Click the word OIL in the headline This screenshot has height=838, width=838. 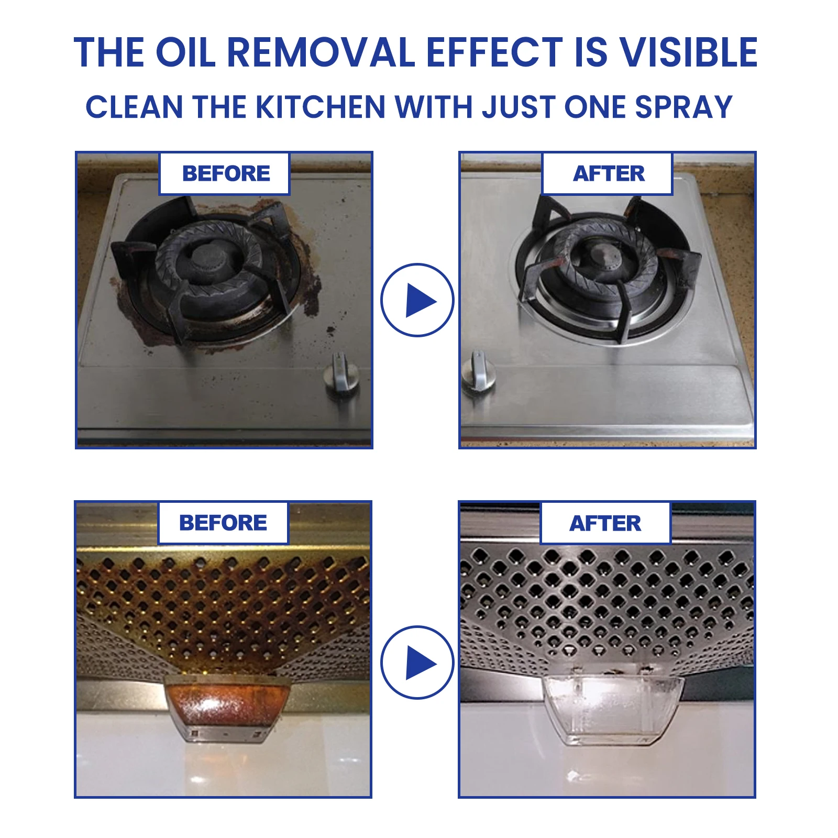click(185, 52)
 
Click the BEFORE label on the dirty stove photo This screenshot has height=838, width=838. click(225, 173)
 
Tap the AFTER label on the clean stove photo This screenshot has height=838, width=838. click(608, 173)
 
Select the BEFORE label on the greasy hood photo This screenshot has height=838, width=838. click(223, 523)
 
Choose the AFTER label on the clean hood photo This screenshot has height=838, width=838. click(605, 523)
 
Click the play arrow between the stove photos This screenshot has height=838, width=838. click(417, 300)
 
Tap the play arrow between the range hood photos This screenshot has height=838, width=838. click(417, 662)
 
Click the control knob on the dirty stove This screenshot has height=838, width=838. click(341, 378)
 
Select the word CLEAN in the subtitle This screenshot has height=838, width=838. click(134, 107)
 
